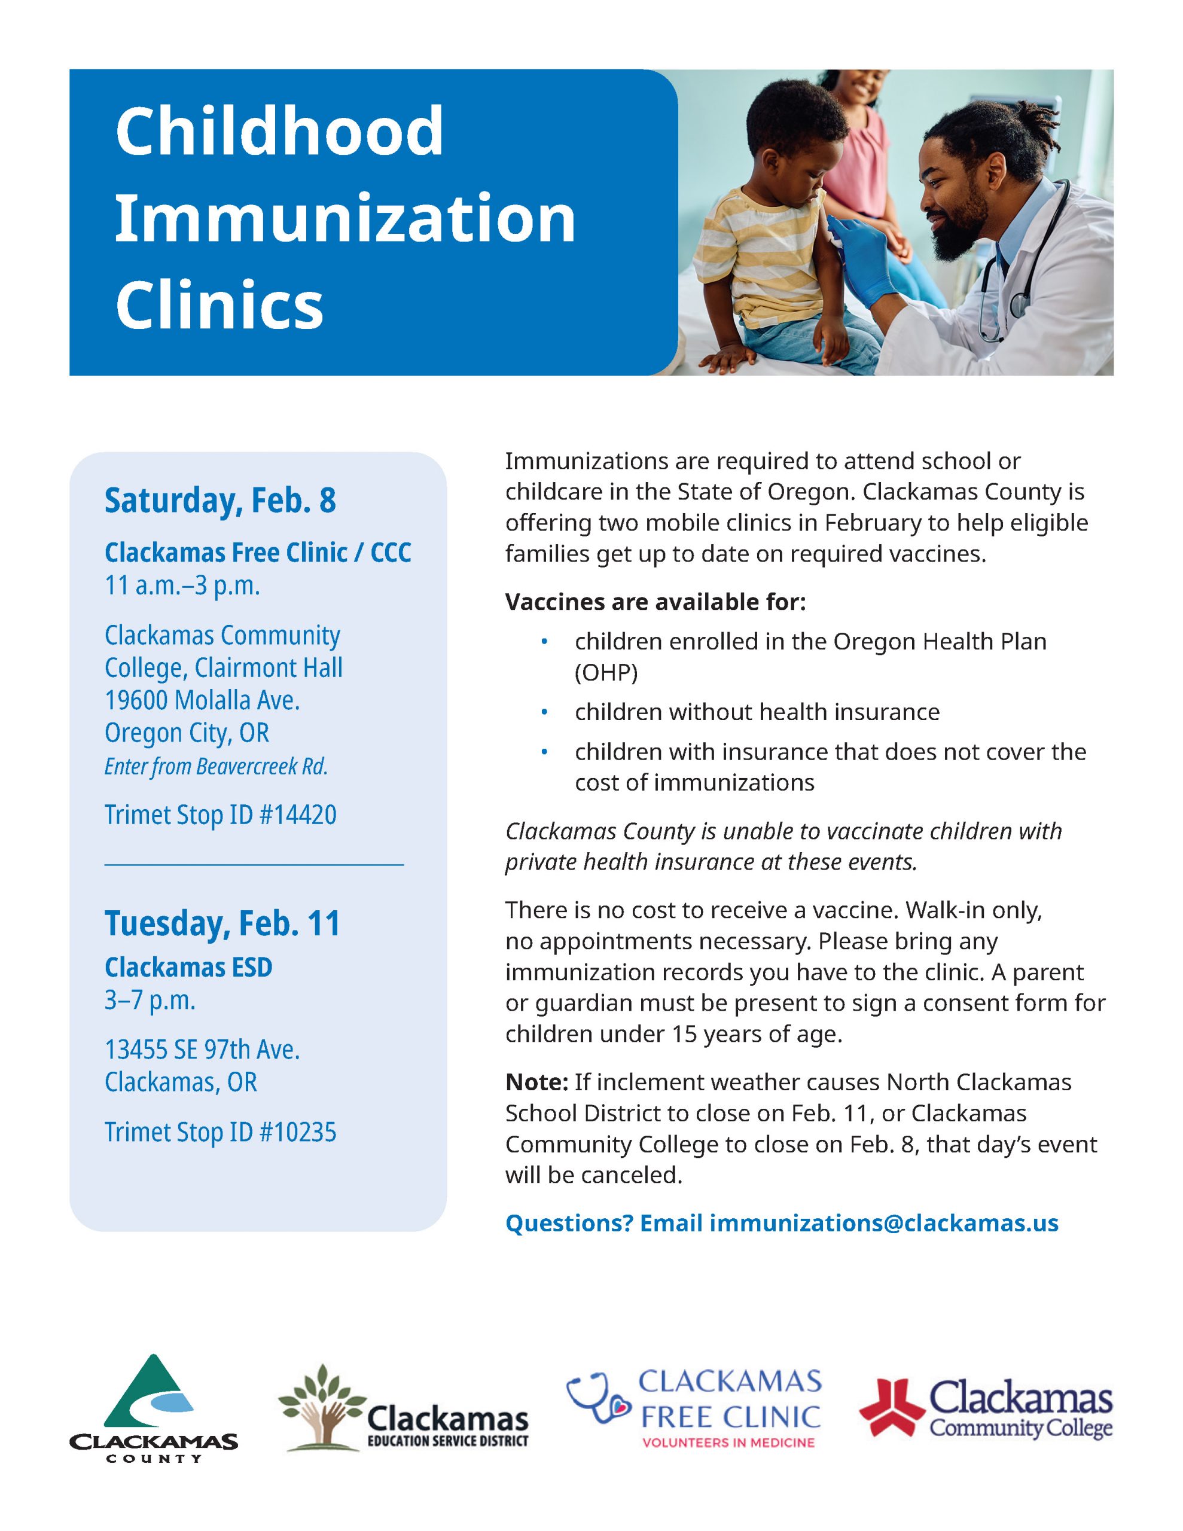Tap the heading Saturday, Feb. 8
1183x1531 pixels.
pyautogui.click(x=220, y=501)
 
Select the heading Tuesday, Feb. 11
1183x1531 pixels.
pyautogui.click(x=222, y=923)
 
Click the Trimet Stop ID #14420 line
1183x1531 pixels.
pyautogui.click(x=220, y=815)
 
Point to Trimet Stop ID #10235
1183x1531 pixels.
pyautogui.click(x=220, y=1132)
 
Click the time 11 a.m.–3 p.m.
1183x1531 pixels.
pyautogui.click(x=182, y=585)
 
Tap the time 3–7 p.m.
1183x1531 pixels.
pyautogui.click(x=150, y=1001)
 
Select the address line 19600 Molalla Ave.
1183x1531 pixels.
pyautogui.click(x=202, y=700)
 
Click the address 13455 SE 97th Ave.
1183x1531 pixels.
pyautogui.click(x=202, y=1050)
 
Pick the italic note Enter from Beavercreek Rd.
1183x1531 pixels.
pyautogui.click(x=216, y=766)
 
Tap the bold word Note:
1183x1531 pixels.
pyautogui.click(x=536, y=1082)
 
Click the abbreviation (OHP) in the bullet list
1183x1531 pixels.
pyautogui.click(x=606, y=672)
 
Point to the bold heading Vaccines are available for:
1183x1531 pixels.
pyautogui.click(x=655, y=602)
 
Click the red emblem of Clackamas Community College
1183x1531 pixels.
pyautogui.click(x=892, y=1405)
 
